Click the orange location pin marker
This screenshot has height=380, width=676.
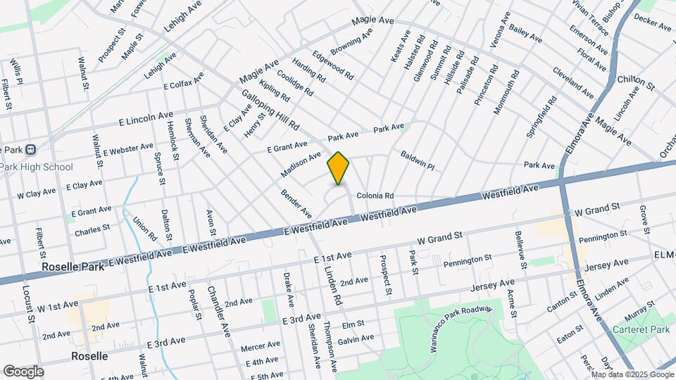pyautogui.click(x=338, y=168)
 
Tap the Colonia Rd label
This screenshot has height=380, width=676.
pyautogui.click(x=374, y=196)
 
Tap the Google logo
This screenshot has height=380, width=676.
pyautogui.click(x=23, y=372)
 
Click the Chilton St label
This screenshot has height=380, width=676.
pyautogui.click(x=636, y=83)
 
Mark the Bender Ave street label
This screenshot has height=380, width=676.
pyautogui.click(x=296, y=203)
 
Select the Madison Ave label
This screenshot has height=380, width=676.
pyautogui.click(x=301, y=164)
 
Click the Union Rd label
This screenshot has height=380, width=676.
pyautogui.click(x=143, y=228)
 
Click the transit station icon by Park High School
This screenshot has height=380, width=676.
pyautogui.click(x=32, y=149)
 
